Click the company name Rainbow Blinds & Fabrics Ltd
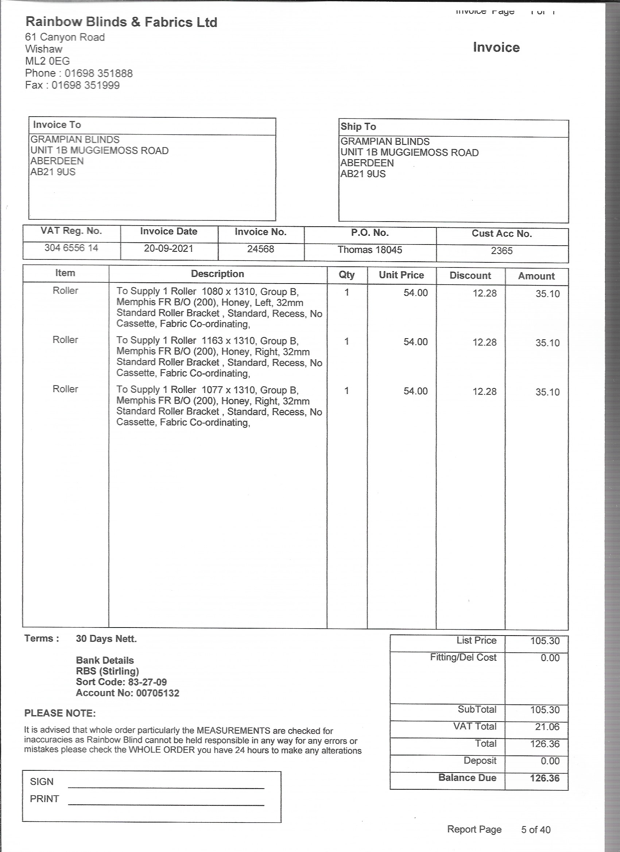click(x=121, y=22)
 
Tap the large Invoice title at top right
click(x=496, y=48)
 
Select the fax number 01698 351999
click(x=85, y=85)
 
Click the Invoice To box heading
click(x=57, y=125)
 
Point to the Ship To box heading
click(x=358, y=126)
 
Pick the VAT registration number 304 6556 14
click(x=71, y=248)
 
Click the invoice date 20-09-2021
click(x=168, y=249)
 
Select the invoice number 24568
click(x=260, y=249)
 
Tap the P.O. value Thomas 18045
click(x=369, y=250)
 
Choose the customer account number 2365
click(x=501, y=251)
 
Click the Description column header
click(x=217, y=274)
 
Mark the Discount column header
click(x=470, y=276)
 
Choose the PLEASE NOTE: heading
click(x=60, y=714)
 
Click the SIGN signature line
click(x=166, y=787)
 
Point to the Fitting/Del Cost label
click(x=463, y=658)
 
